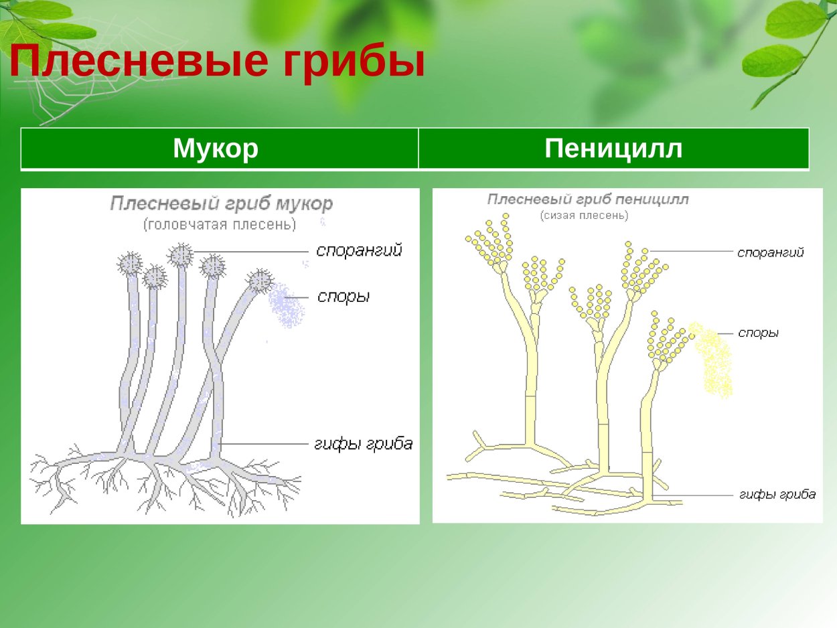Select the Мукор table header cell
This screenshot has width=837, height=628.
pos(216,149)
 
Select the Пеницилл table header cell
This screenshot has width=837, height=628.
pos(613,149)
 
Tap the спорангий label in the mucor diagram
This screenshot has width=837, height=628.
pos(359,251)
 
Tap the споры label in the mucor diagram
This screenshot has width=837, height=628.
pos(344,297)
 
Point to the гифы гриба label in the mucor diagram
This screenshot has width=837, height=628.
pos(364,444)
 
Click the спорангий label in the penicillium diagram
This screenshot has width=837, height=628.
pos(770,252)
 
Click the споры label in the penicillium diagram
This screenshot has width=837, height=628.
pos(758,333)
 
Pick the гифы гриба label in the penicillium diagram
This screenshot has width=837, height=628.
pos(777,495)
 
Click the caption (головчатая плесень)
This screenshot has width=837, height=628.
pos(220,225)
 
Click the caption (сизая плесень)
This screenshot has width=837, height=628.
pos(584,216)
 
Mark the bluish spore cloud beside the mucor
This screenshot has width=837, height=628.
pos(287,306)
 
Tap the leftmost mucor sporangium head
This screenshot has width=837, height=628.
pos(130,264)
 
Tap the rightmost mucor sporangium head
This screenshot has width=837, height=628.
pos(260,281)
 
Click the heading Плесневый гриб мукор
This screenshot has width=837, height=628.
pos(221,204)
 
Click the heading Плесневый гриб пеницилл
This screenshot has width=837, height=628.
pos(588,200)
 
